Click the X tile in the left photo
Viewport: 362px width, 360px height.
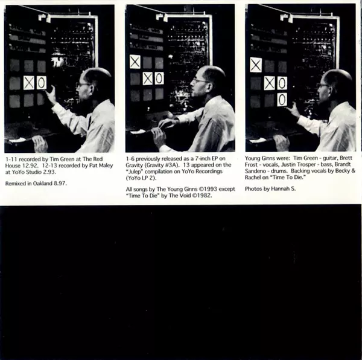pyautogui.click(x=29, y=83)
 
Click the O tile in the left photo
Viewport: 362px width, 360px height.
pyautogui.click(x=41, y=83)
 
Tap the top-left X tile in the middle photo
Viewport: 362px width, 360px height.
pyautogui.click(x=135, y=62)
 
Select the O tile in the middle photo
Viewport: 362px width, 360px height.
pyautogui.click(x=159, y=79)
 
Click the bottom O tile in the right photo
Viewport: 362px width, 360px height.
pyautogui.click(x=282, y=100)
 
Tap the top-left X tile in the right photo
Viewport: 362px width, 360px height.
pyautogui.click(x=256, y=65)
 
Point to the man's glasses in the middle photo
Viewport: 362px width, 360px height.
pyautogui.click(x=199, y=81)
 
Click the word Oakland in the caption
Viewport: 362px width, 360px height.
pyautogui.click(x=43, y=184)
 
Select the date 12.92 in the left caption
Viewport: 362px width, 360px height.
pyautogui.click(x=31, y=166)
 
